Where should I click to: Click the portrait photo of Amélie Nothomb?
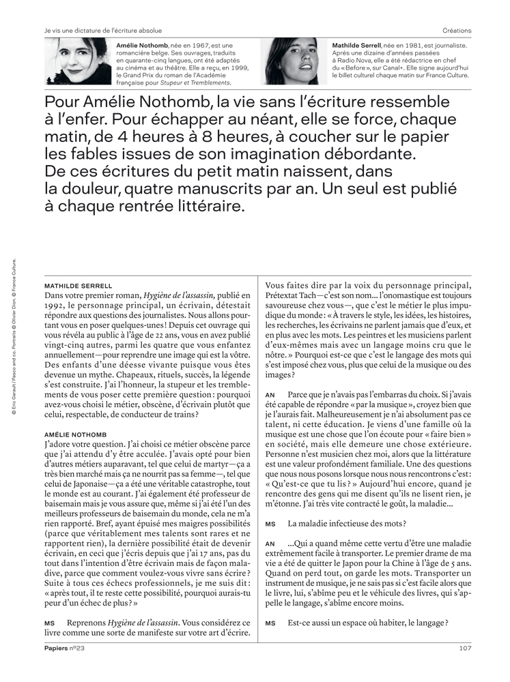point(78,61)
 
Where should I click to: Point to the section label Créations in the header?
point(457,31)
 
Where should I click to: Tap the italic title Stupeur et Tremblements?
point(198,83)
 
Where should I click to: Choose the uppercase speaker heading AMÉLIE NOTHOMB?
point(77,433)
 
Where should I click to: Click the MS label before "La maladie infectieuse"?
point(270,524)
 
